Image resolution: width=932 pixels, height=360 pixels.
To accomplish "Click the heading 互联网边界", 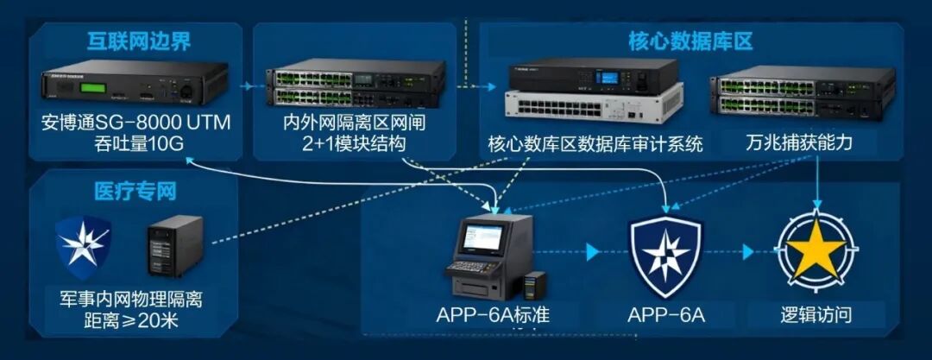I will click(138, 41).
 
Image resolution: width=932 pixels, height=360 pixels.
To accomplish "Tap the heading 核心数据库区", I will click(690, 41).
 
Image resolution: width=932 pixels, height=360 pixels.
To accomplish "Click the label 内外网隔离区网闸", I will click(354, 123).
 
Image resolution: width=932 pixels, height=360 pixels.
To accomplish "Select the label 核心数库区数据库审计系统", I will click(595, 143).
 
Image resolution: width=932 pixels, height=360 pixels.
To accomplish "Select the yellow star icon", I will click(815, 250).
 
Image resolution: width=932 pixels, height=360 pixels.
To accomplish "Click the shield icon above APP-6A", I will click(665, 251).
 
